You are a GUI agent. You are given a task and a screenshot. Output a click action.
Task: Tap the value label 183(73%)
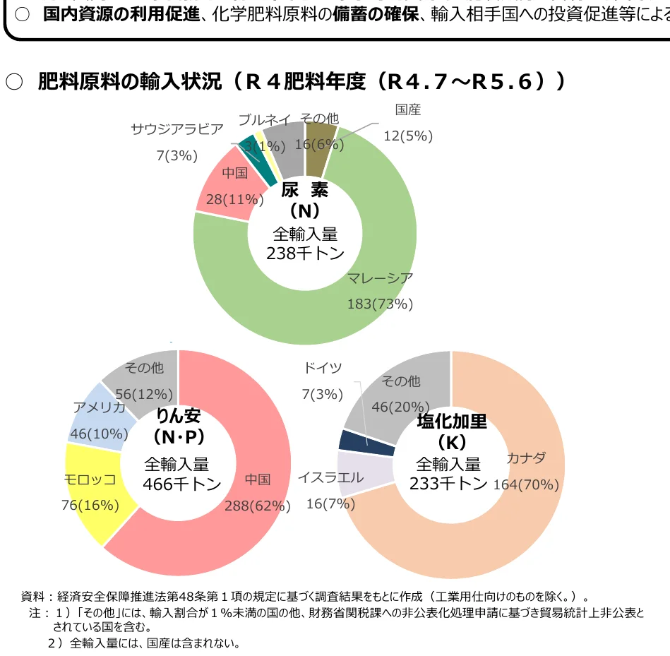pos(380,304)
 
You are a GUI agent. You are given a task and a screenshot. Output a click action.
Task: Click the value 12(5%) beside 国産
pos(407,136)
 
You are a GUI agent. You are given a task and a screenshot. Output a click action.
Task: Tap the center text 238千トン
pos(305,254)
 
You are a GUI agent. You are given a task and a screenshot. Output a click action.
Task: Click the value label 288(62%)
pos(257,506)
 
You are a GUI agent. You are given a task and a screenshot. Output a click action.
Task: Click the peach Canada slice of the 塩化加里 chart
pos(494,537)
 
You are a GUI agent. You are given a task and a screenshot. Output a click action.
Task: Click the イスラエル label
pos(330,477)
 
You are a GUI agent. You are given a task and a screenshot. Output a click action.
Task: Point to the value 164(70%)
pos(526,484)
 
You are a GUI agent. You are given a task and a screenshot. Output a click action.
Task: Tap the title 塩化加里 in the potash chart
pos(452,422)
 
